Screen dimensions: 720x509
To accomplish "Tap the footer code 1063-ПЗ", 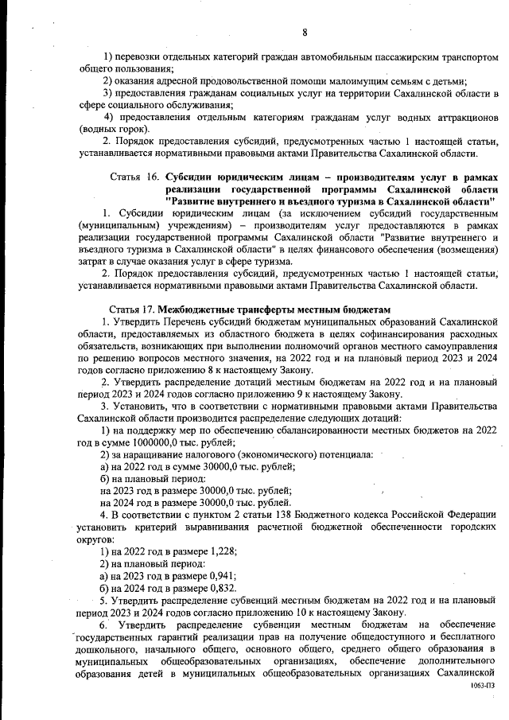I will pos(482,684).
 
